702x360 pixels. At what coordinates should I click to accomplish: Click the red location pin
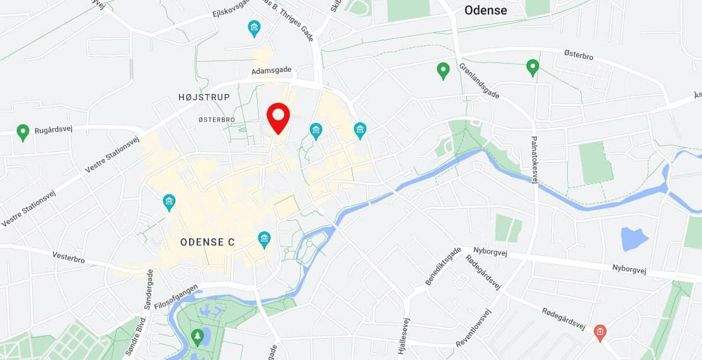(x=278, y=116)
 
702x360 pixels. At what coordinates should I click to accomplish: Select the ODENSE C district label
(x=207, y=242)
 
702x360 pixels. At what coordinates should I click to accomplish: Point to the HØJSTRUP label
(x=204, y=97)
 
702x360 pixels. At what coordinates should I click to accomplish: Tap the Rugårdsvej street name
(x=54, y=129)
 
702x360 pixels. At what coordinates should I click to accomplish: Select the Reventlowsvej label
(x=473, y=328)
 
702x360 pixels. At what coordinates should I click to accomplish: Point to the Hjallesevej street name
(x=401, y=338)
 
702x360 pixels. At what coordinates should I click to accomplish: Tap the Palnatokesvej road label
(x=534, y=160)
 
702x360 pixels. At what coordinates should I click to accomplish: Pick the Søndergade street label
(x=150, y=291)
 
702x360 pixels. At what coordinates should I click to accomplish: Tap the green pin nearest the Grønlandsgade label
(x=443, y=69)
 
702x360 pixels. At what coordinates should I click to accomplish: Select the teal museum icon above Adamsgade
(x=254, y=28)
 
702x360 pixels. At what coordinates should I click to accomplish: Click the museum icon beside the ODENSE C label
(x=264, y=238)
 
